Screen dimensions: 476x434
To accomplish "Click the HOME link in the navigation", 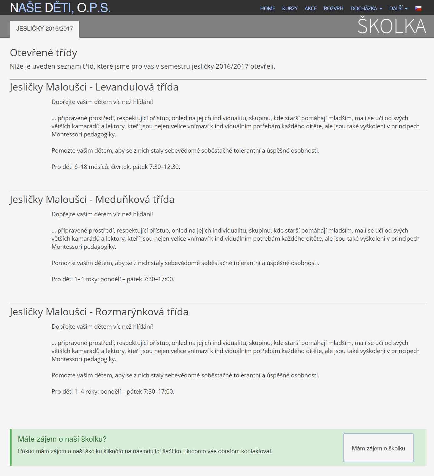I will pos(267,8).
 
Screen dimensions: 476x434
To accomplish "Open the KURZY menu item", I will pos(290,8).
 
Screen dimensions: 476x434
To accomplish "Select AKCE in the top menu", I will pos(311,8).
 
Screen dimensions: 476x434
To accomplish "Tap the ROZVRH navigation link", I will pos(333,8).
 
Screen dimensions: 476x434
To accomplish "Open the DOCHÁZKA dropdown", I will pos(366,8).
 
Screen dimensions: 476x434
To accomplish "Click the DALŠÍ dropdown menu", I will pos(398,8).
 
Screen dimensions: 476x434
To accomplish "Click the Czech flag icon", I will pos(418,8).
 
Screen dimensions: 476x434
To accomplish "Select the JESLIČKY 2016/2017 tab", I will pos(45,29).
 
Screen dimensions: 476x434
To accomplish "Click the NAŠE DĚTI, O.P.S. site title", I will pos(60,8).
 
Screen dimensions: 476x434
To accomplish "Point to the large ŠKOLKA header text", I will pos(392,26).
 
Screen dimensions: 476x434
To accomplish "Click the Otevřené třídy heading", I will pos(43,53).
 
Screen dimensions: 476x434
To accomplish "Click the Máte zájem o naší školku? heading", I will pos(62,439).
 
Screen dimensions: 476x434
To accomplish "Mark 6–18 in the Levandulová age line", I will pos(81,167).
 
